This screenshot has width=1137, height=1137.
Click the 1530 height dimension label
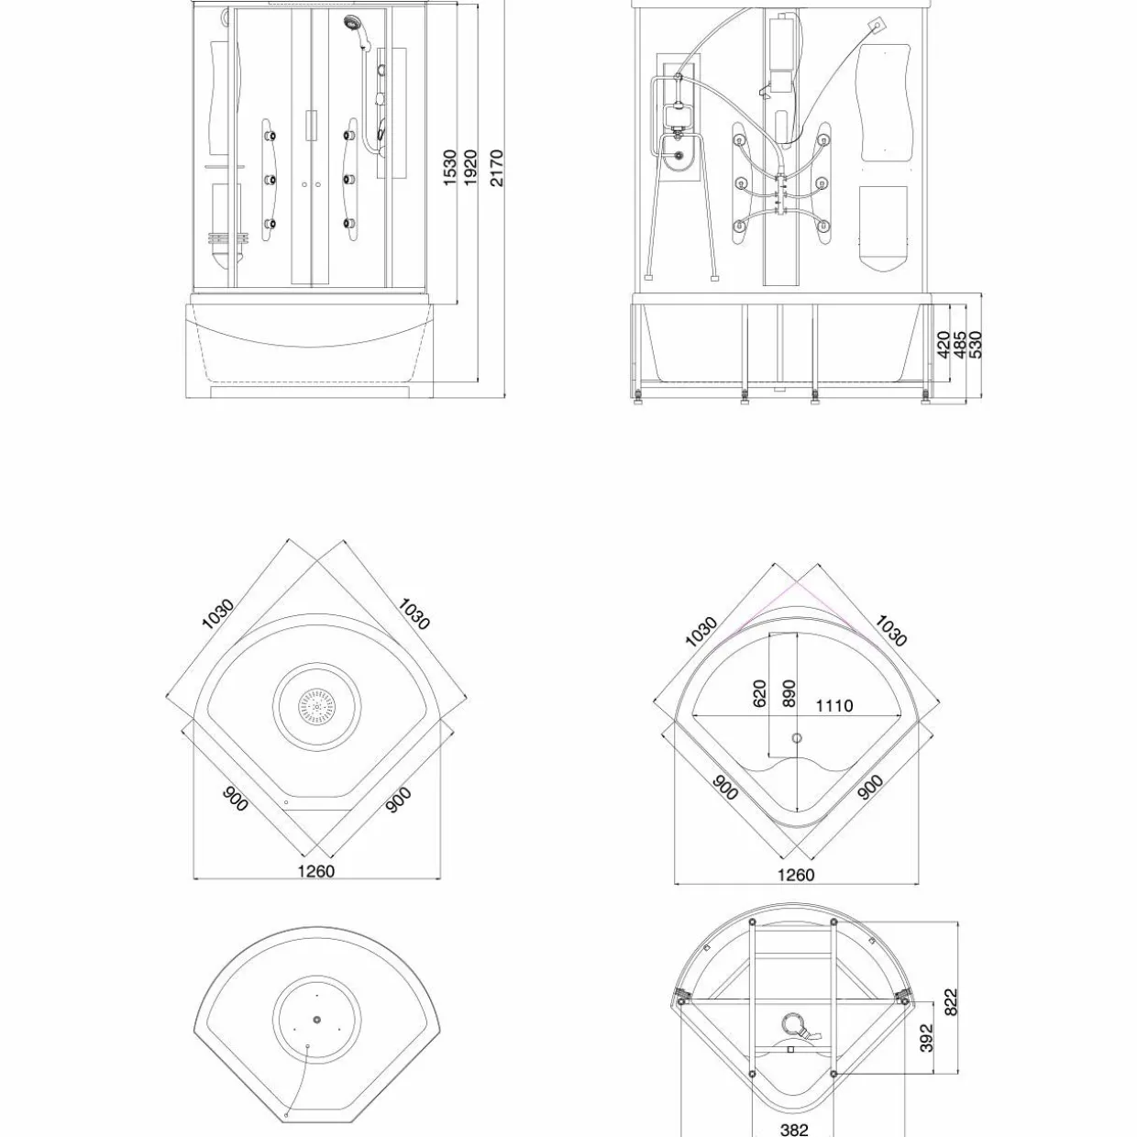coord(450,168)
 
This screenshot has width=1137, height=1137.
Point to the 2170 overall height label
coord(497,168)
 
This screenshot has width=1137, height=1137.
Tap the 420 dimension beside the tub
coord(944,344)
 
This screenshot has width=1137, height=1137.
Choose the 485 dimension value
coord(960,344)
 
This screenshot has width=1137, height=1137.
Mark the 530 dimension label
coord(977,344)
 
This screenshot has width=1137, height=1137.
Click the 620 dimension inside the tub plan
coord(759,692)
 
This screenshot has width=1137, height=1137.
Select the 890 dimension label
coord(789,692)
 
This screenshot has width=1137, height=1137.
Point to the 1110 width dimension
coord(834,705)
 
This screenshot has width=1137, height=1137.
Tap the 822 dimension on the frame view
coord(951,1002)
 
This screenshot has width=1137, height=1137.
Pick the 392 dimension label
coord(926,1038)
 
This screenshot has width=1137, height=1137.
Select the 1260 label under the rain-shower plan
coord(315,871)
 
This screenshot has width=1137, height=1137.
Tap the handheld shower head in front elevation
coord(352,23)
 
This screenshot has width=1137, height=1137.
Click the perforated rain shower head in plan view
coord(317,706)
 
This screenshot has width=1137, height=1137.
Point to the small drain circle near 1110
coord(797,738)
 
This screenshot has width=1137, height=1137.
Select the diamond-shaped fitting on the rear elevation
coord(878,26)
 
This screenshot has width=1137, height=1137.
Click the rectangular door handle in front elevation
coord(311,125)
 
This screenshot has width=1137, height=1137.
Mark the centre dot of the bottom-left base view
coord(317,1020)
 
